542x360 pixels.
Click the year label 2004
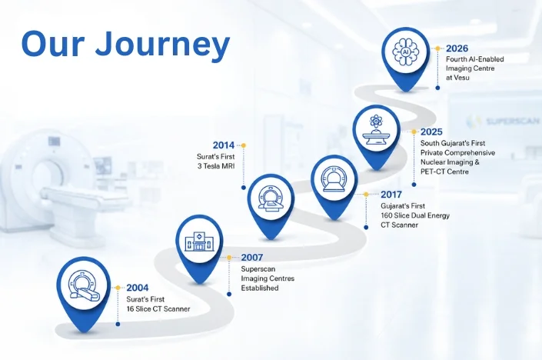(137, 288)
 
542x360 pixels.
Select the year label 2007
(252, 258)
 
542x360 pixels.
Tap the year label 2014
(224, 145)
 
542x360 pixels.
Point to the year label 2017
(391, 195)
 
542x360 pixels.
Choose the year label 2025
(431, 132)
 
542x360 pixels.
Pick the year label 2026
(457, 48)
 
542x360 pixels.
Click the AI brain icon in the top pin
(406, 52)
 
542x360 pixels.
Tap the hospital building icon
(199, 242)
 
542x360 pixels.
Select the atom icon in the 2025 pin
(376, 121)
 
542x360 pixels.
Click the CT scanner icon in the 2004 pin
(84, 285)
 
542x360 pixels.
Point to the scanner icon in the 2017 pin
(334, 178)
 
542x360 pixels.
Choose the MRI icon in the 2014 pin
(271, 198)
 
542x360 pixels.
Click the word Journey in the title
(162, 45)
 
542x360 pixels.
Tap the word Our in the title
(53, 45)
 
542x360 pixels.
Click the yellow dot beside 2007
(229, 258)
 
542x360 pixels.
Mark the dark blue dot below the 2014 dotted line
(244, 188)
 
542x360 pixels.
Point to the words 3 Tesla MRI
(216, 166)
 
